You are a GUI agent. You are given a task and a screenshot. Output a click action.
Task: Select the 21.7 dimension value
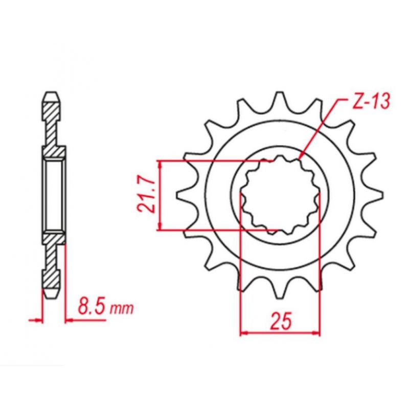[x=146, y=196]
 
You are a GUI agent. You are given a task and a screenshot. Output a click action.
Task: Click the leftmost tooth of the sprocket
[x=180, y=196]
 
